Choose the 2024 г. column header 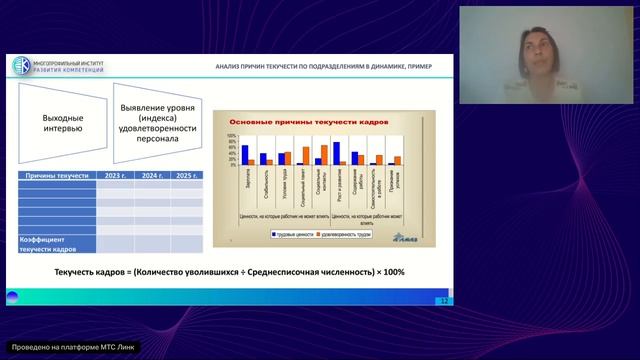[154, 175]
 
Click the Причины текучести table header [54, 175]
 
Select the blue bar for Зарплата [244, 154]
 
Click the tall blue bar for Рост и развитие [337, 152]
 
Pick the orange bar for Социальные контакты [324, 152]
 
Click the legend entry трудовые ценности [297, 233]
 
